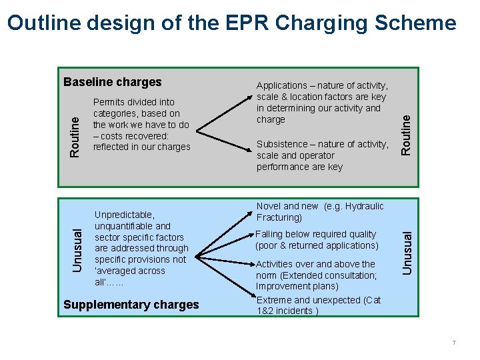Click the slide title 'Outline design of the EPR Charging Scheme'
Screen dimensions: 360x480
232,24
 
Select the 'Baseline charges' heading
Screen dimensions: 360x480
112,82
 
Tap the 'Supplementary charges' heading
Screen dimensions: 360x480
131,305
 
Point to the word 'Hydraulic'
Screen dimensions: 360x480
364,206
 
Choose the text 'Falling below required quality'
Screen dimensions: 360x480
316,234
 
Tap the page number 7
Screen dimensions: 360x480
453,343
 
